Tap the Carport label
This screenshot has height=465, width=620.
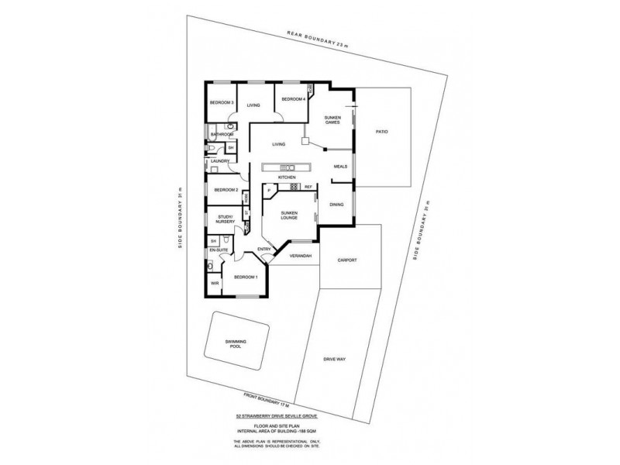point(348,260)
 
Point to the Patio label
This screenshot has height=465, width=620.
point(381,132)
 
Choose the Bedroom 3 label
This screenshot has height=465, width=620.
point(222,102)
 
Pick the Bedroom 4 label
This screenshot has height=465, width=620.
point(293,99)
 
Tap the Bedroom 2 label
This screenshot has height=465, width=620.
point(226,189)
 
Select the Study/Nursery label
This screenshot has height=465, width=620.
point(226,219)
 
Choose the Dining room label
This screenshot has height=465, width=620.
point(336,204)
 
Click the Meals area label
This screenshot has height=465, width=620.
point(339,166)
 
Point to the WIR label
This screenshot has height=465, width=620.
point(214,284)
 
